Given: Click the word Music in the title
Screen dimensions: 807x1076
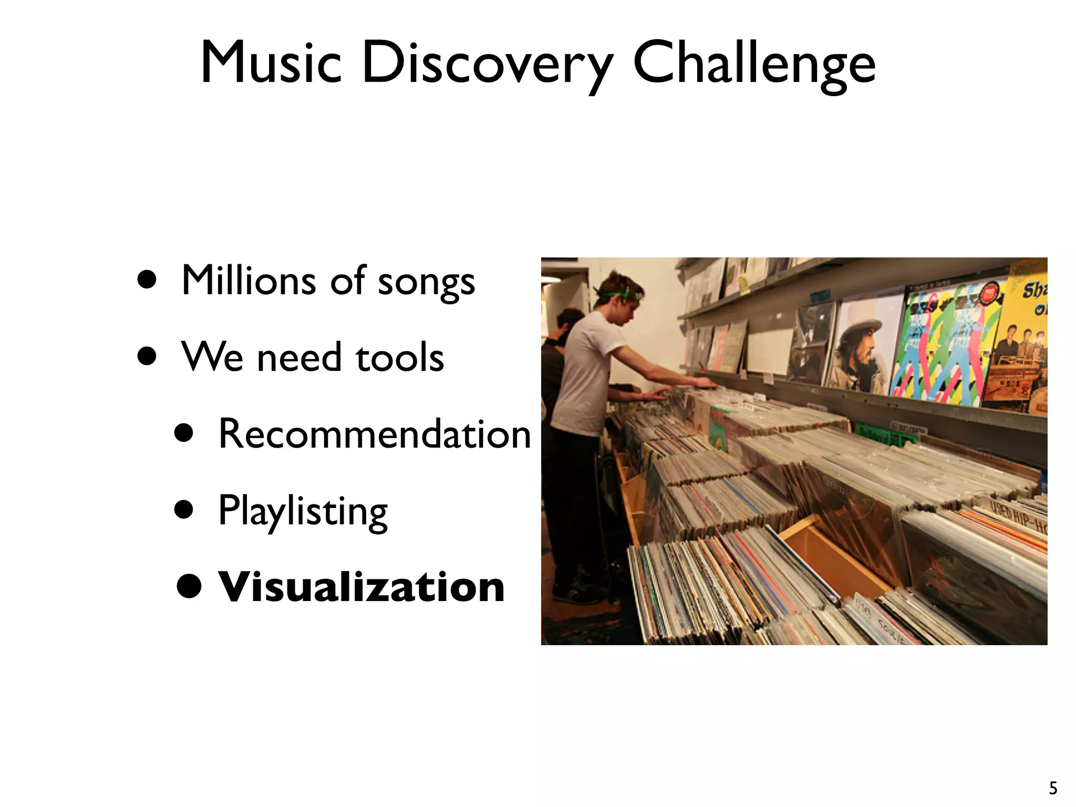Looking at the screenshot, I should click(x=271, y=63).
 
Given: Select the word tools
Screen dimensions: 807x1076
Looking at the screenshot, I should click(x=400, y=357).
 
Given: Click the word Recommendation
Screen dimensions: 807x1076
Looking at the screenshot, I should click(x=375, y=434).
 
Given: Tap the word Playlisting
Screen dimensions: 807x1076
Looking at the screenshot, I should click(x=303, y=511).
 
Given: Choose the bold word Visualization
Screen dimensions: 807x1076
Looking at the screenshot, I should click(x=361, y=587).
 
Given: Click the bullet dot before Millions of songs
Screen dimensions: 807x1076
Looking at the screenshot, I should click(x=147, y=280).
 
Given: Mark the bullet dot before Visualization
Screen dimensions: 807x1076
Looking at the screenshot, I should click(x=189, y=587).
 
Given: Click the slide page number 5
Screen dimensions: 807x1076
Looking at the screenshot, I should click(x=1053, y=788).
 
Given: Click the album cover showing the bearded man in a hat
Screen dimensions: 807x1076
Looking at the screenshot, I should click(x=864, y=344).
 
